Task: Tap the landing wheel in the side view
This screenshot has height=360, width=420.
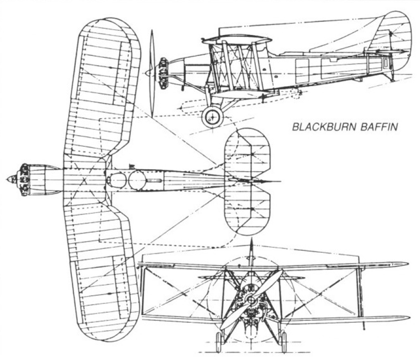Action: [212, 117]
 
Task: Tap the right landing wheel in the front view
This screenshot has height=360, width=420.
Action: [284, 342]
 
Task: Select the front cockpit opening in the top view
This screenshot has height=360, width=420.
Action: [117, 180]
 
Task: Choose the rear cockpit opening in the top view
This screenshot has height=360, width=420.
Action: [137, 180]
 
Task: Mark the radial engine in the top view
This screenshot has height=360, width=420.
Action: [23, 179]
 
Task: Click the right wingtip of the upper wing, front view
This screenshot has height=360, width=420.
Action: [407, 264]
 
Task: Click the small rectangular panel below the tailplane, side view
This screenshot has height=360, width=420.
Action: [386, 62]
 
